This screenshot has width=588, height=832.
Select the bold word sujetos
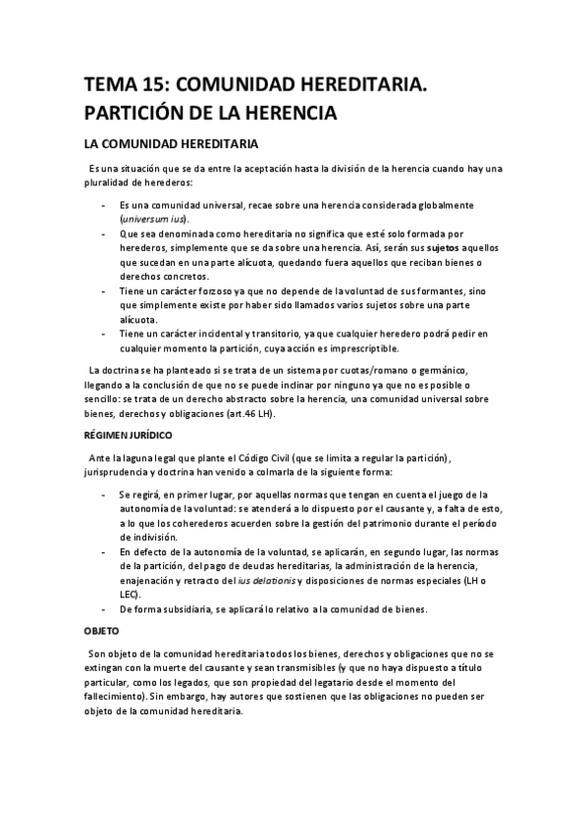pyautogui.click(x=407, y=249)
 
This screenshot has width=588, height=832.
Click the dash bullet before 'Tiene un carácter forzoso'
pyautogui.click(x=104, y=291)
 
